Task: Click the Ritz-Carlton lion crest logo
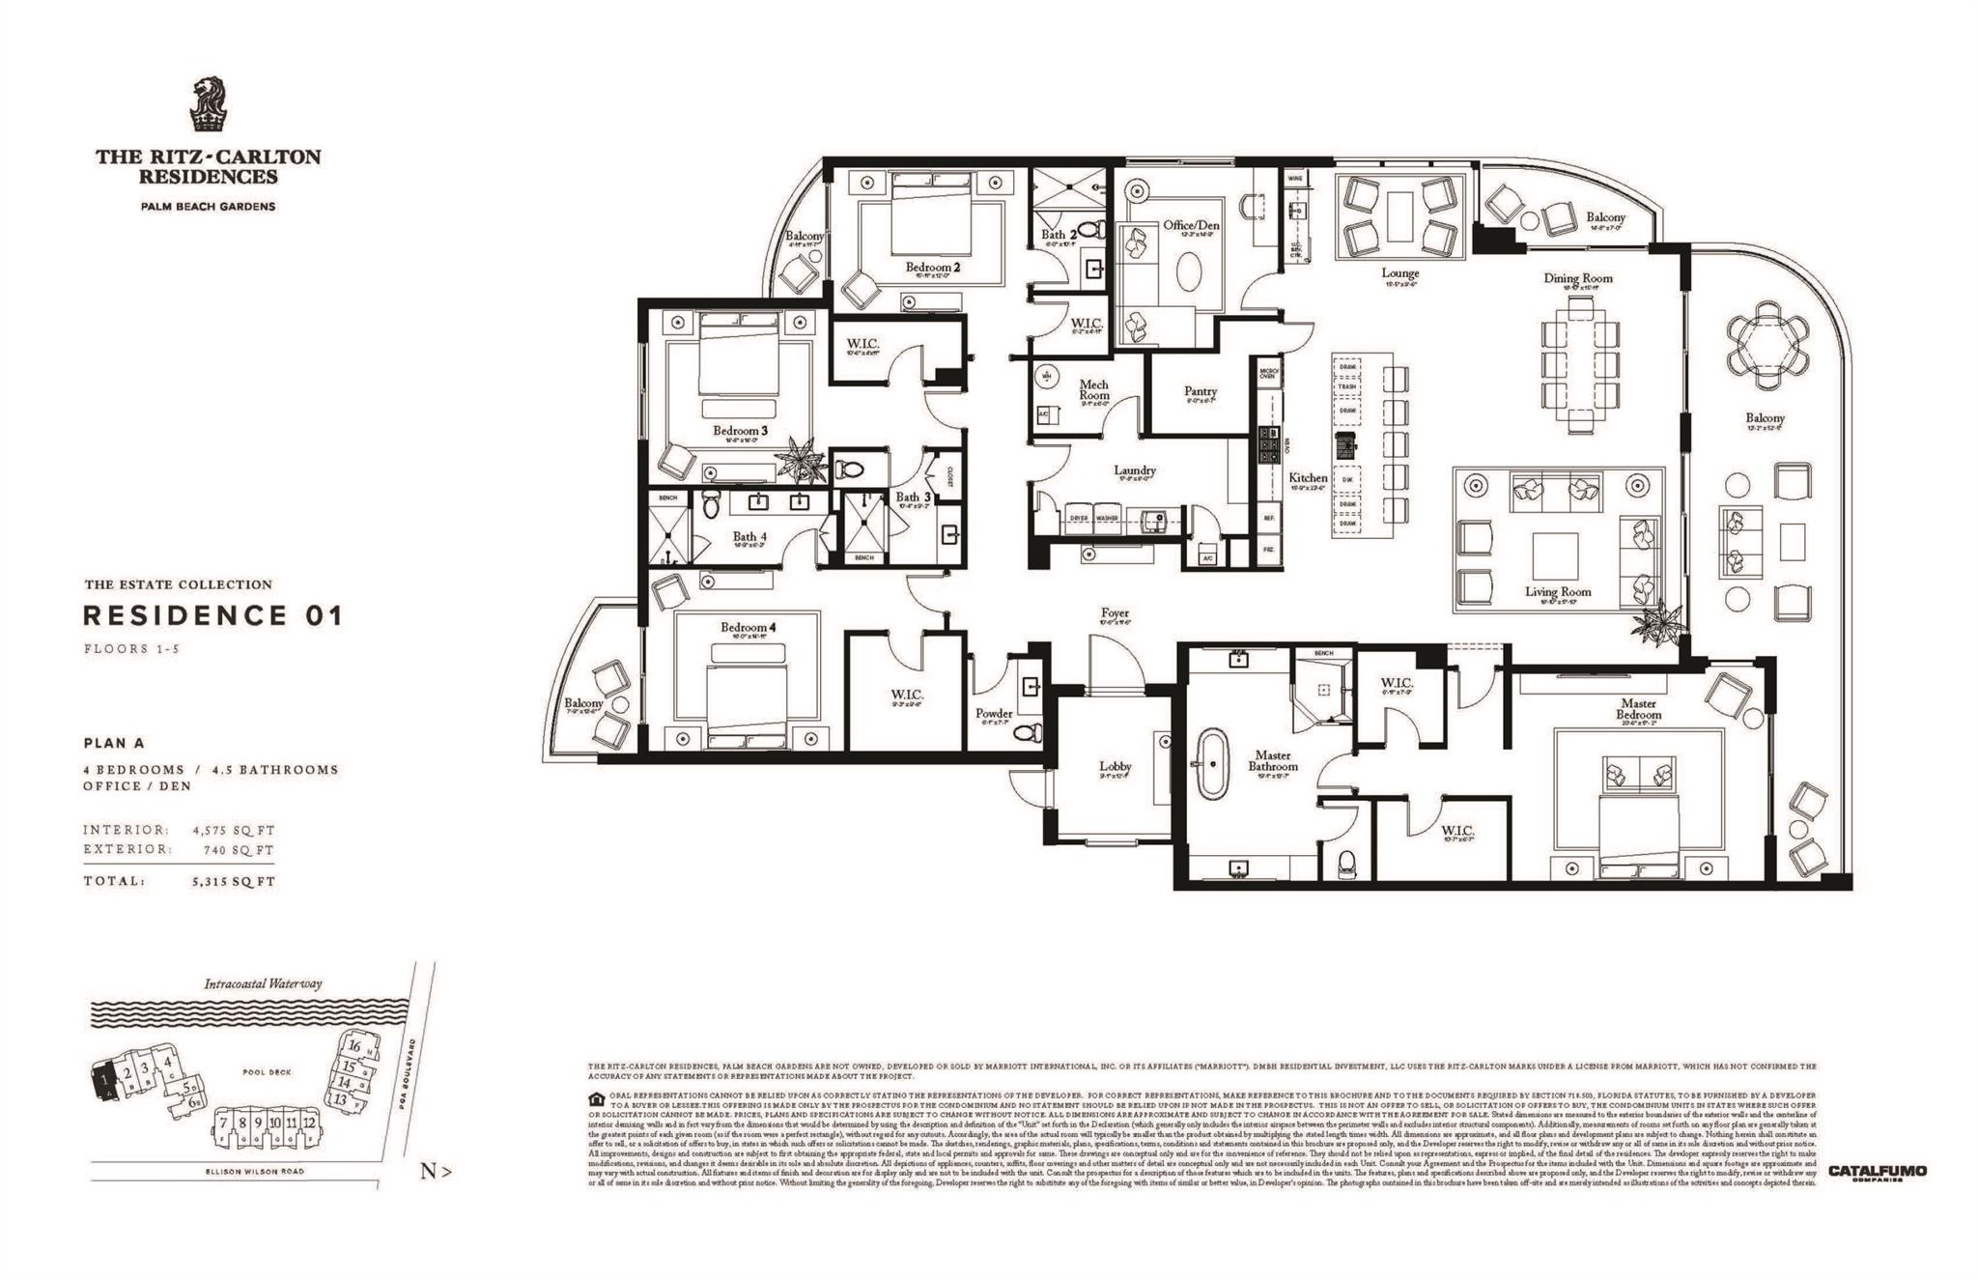click(208, 105)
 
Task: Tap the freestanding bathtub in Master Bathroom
click(1209, 763)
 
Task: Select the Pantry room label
click(1201, 391)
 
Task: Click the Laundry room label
click(1134, 470)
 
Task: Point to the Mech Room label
click(1093, 389)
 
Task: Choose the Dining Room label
click(1577, 278)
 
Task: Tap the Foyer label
click(1114, 613)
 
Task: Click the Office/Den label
click(1191, 225)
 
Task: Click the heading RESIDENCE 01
click(212, 615)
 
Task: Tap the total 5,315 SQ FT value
click(234, 881)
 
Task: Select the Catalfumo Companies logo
click(1877, 1172)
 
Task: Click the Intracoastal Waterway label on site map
click(263, 983)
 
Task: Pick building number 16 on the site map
click(354, 1046)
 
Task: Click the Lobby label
click(1115, 766)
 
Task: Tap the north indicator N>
click(436, 1172)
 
